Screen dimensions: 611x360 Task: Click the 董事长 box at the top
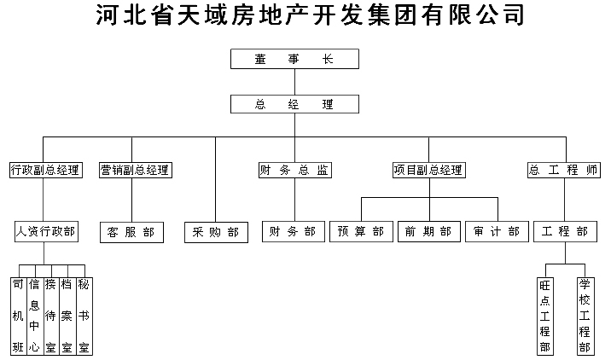(x=294, y=59)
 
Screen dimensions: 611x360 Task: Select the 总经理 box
(x=294, y=104)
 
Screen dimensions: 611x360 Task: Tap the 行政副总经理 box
(x=46, y=171)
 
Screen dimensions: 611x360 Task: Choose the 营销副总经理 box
(x=136, y=171)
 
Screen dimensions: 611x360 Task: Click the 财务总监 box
(x=295, y=171)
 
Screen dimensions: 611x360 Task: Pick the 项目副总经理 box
(x=429, y=171)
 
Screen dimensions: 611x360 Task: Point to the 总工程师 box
(x=564, y=171)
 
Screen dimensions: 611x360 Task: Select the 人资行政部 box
(x=46, y=232)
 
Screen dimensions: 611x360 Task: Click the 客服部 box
(x=131, y=233)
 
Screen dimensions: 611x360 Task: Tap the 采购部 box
(x=216, y=233)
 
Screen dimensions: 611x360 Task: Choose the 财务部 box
(x=294, y=232)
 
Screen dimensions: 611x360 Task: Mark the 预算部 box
(x=361, y=232)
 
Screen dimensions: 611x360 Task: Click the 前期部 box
(x=429, y=232)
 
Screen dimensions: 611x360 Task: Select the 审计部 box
(x=497, y=232)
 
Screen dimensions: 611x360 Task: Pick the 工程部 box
(x=565, y=232)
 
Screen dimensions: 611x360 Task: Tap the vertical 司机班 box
(x=18, y=316)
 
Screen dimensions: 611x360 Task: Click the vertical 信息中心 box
(x=35, y=316)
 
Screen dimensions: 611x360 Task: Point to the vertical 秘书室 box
(x=84, y=316)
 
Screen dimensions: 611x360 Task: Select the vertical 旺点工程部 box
(x=545, y=316)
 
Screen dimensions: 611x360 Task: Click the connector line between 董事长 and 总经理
(x=294, y=82)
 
